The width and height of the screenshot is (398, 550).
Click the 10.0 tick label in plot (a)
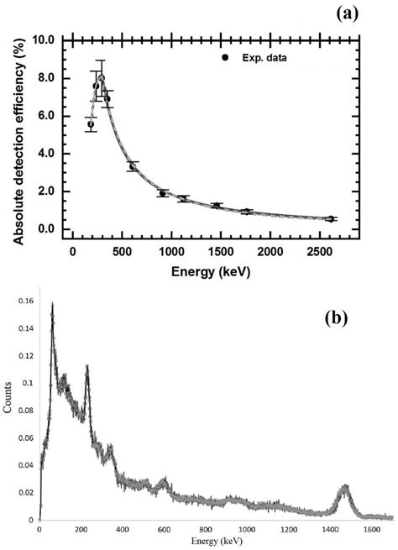(x=44, y=39)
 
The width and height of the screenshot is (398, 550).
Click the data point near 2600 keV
(x=331, y=219)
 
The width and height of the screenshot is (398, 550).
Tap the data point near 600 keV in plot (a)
(x=132, y=166)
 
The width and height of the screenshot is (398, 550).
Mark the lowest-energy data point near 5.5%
(x=91, y=124)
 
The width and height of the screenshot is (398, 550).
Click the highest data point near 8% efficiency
(x=101, y=79)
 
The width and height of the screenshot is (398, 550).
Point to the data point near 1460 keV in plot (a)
(x=217, y=206)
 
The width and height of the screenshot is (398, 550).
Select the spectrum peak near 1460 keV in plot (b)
(x=345, y=487)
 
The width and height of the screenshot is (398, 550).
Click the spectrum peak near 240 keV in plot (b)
(x=87, y=368)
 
